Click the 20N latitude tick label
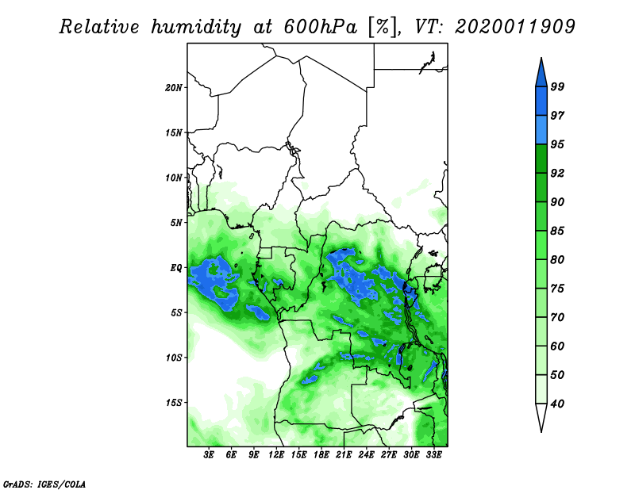coord(173,87)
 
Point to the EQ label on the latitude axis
coord(176,268)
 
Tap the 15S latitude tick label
coord(173,403)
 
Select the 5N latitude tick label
coord(176,223)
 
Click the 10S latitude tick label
coord(173,358)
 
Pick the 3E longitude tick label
coord(209,454)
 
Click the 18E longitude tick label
coord(321,454)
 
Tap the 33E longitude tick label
coord(433,454)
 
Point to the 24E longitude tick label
coord(366,454)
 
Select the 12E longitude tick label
coord(276,454)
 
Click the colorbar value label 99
coord(557,86)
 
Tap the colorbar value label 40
coord(557,404)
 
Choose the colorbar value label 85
coord(557,231)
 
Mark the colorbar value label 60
coord(557,346)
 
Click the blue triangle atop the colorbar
coord(541,75)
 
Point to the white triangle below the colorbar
coord(541,415)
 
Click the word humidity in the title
coord(196,27)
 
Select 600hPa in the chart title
coord(321,27)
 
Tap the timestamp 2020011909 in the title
coord(515,27)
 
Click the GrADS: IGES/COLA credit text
coord(44,484)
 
